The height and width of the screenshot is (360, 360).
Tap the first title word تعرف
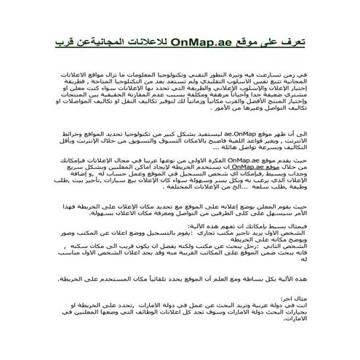(x=291, y=45)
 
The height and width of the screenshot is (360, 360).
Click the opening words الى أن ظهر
(x=287, y=135)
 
